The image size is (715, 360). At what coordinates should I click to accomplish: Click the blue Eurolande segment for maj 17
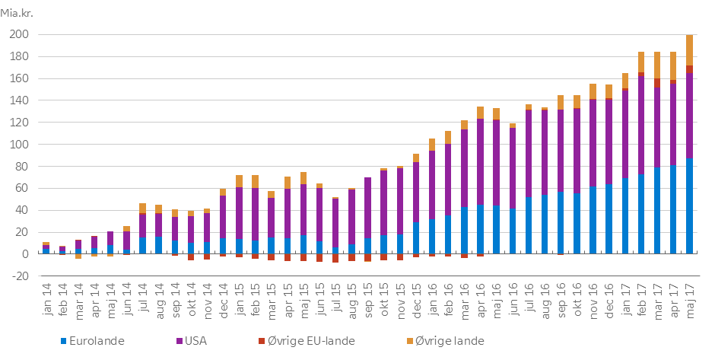689,205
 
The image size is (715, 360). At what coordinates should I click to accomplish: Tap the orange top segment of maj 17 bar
689,50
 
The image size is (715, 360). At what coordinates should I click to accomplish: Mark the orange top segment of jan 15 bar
239,181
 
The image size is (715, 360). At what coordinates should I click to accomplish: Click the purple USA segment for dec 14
223,217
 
